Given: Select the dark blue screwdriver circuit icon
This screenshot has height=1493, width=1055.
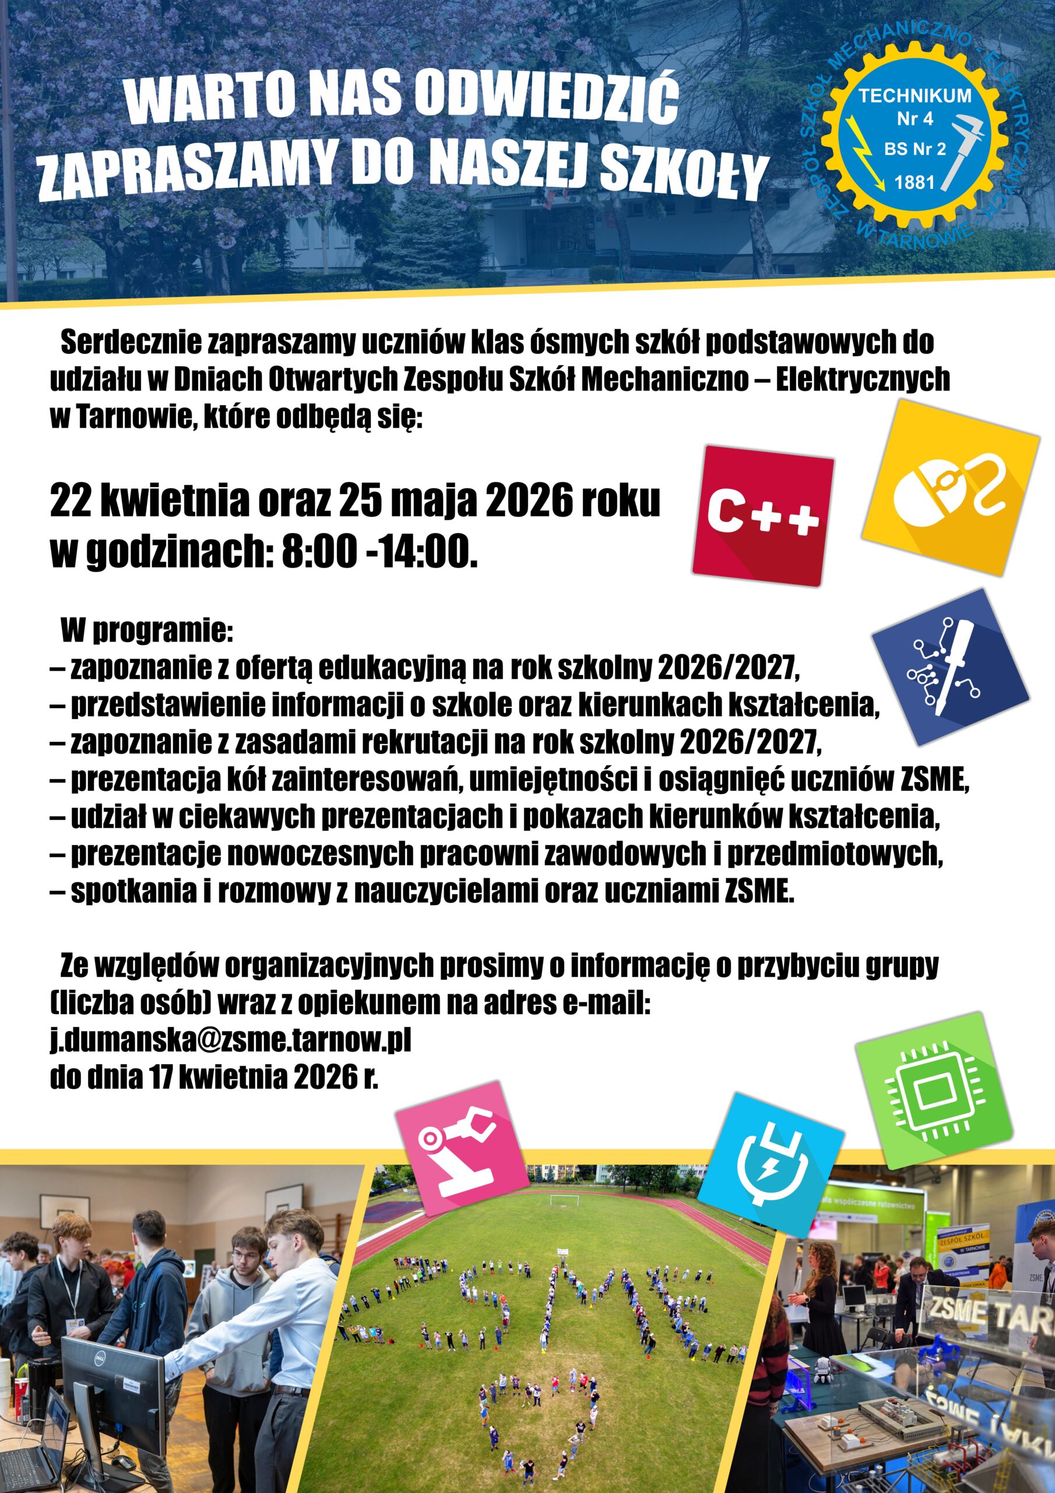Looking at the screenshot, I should pos(949,667).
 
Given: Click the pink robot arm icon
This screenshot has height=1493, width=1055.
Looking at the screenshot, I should pos(463,1147).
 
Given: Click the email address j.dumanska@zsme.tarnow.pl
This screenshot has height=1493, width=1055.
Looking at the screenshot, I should pos(231,1040).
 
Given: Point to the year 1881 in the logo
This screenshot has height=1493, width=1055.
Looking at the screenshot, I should pos(914,183).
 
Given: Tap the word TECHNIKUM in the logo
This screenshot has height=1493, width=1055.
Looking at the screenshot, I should pos(915,96).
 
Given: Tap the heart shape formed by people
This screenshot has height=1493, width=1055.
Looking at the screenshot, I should pos(537,1392).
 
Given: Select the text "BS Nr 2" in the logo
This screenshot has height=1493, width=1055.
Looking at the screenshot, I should pos(915,149).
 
